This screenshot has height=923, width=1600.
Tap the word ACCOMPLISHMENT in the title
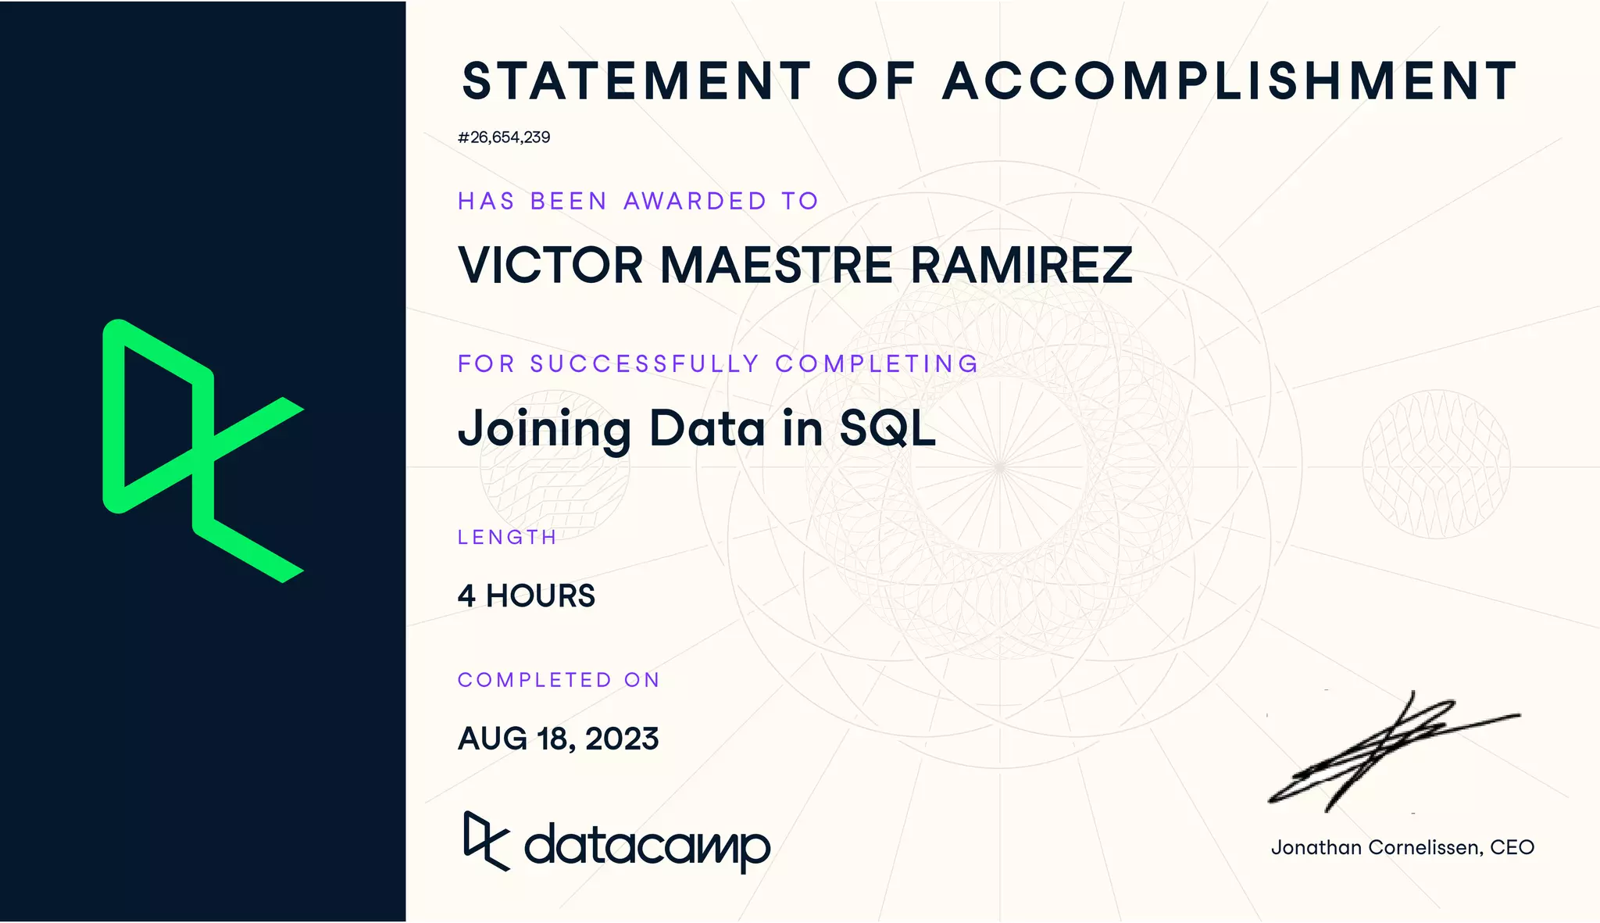pyautogui.click(x=1230, y=81)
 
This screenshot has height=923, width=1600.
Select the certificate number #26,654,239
pyautogui.click(x=504, y=138)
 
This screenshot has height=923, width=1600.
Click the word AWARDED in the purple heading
pyautogui.click(x=695, y=202)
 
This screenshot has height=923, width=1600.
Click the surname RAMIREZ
pyautogui.click(x=1022, y=265)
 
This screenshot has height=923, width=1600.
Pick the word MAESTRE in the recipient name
pyautogui.click(x=777, y=265)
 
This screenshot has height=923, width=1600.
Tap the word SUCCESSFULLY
pyautogui.click(x=645, y=364)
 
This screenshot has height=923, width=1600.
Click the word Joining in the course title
pyautogui.click(x=545, y=430)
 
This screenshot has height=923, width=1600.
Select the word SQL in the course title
pyautogui.click(x=887, y=428)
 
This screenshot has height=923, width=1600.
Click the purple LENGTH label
pyautogui.click(x=507, y=538)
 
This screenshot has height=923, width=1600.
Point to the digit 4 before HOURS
pyautogui.click(x=466, y=596)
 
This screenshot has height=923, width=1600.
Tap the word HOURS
pyautogui.click(x=541, y=596)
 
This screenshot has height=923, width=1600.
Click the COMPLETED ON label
pyautogui.click(x=559, y=680)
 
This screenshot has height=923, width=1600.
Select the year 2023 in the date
pyautogui.click(x=622, y=739)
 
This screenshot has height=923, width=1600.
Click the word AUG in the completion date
pyautogui.click(x=492, y=739)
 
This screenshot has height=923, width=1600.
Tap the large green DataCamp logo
pyautogui.click(x=203, y=451)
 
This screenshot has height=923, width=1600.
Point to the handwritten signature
pyautogui.click(x=1391, y=750)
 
